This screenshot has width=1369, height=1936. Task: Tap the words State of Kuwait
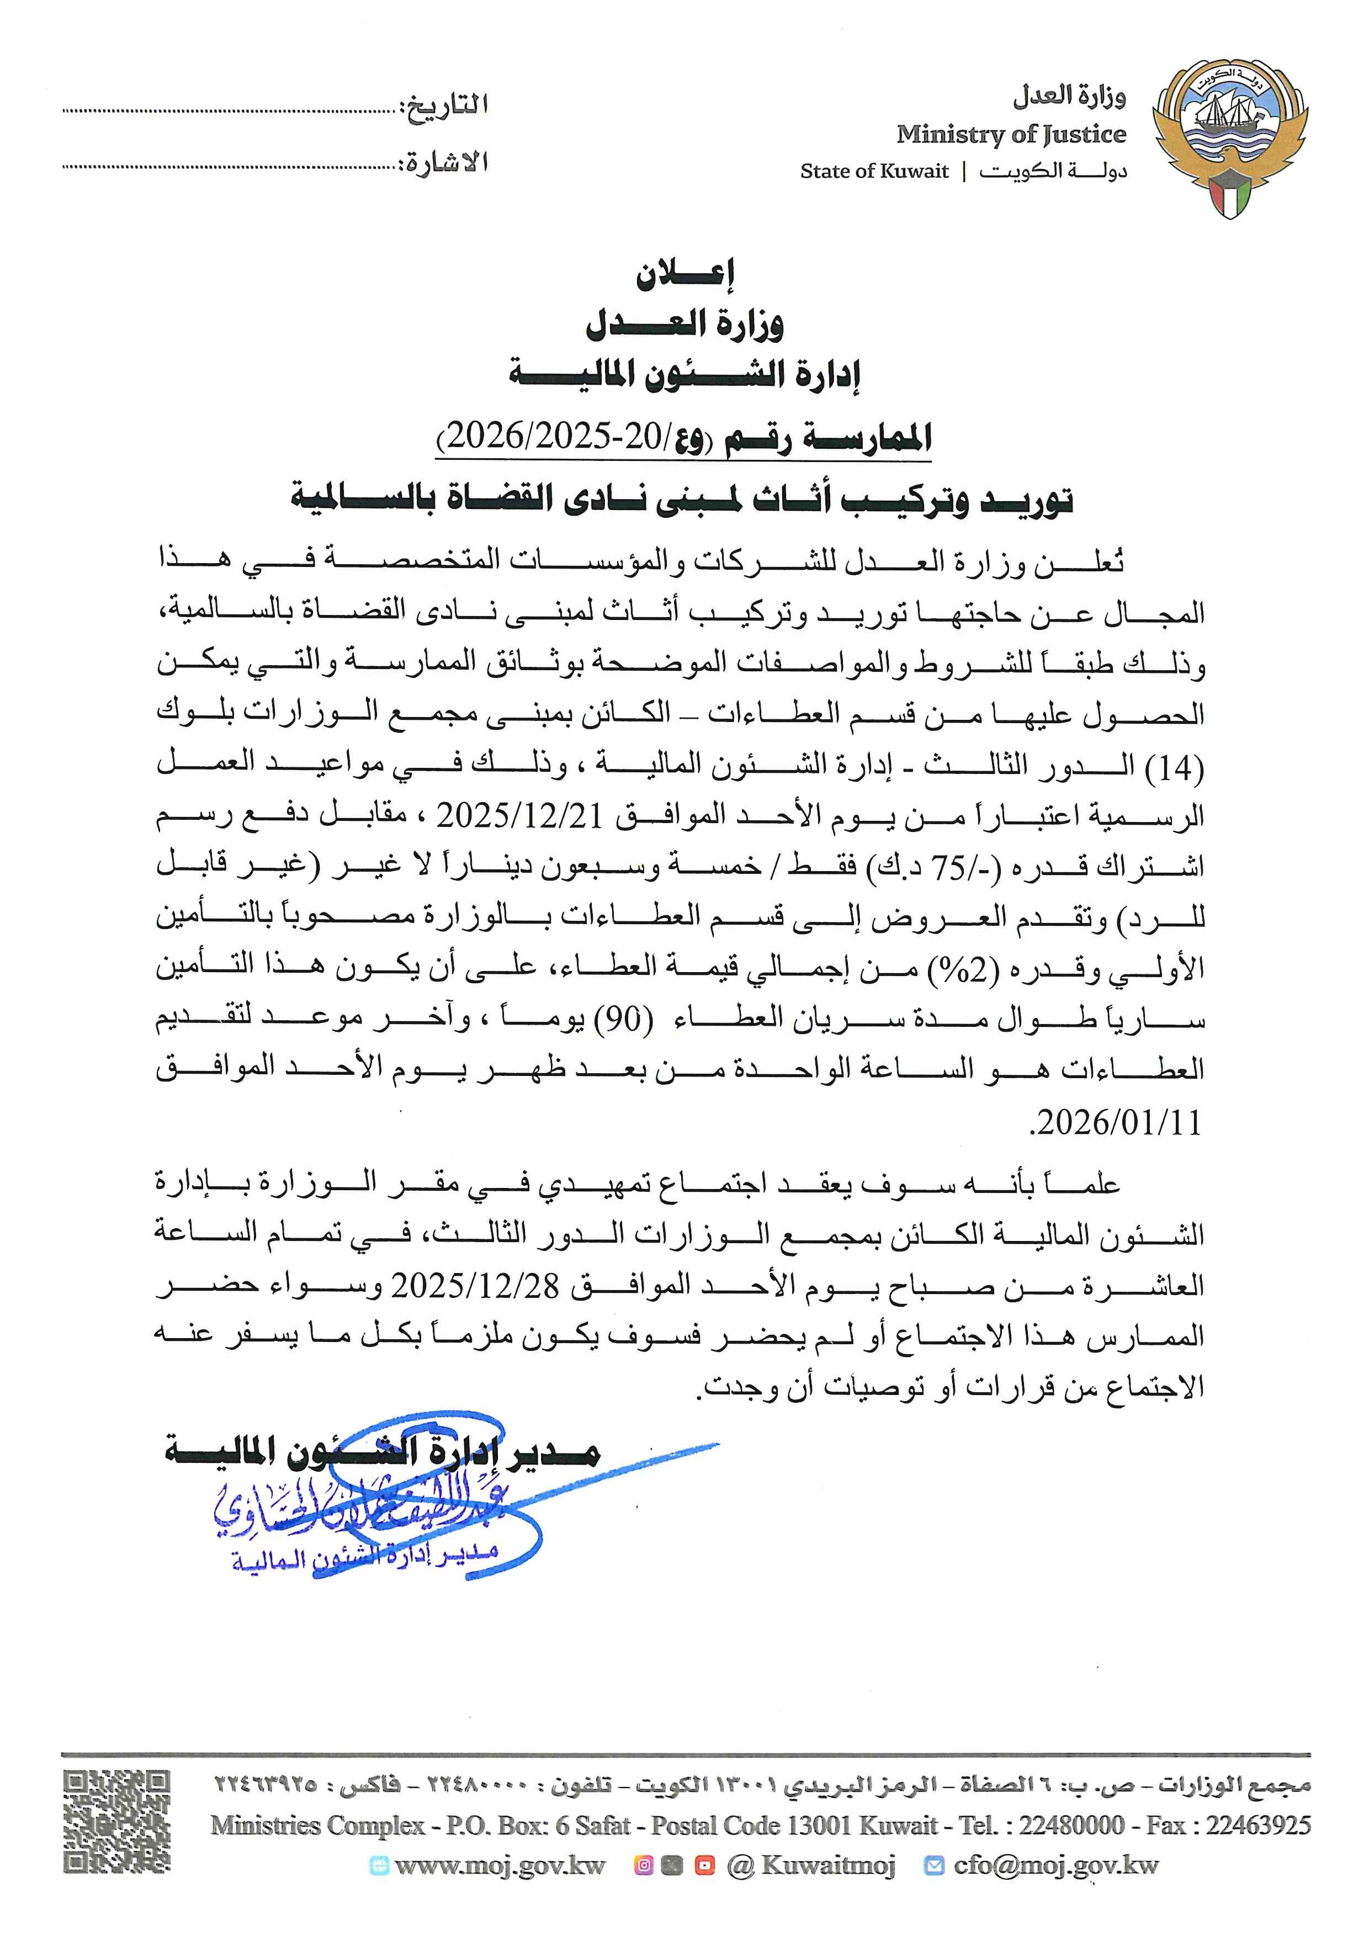pyautogui.click(x=874, y=171)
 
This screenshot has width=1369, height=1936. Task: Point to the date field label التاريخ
pyautogui.click(x=447, y=106)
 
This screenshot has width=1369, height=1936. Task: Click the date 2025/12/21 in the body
pyautogui.click(x=519, y=815)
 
